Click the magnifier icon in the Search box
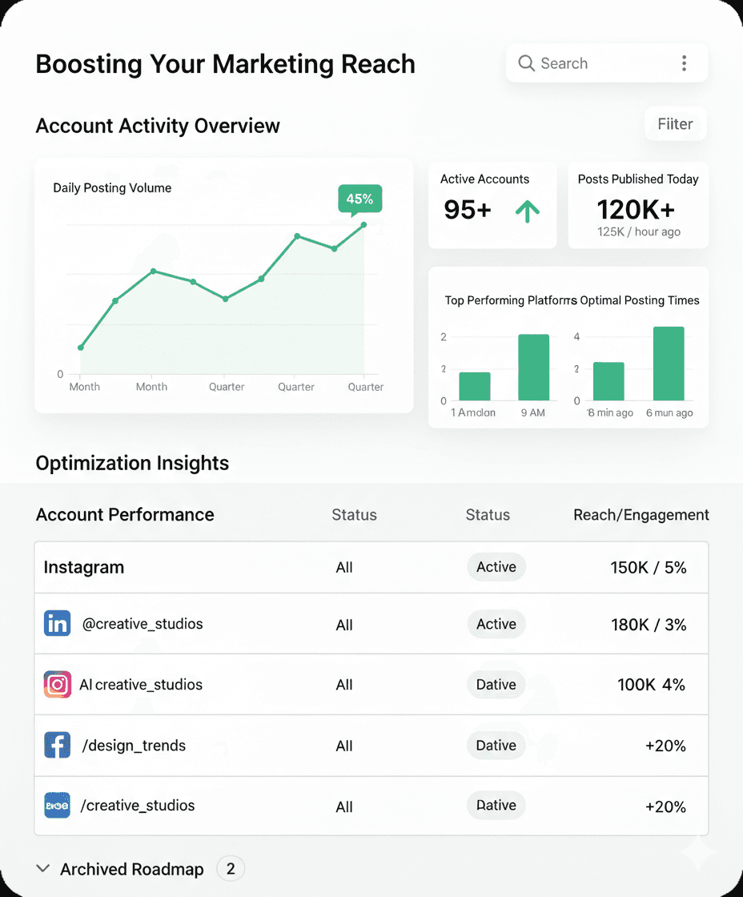coord(526,63)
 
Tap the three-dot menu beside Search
coord(684,63)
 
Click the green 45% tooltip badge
coord(359,199)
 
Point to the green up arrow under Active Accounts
coord(527,211)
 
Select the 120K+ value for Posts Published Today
coord(636,210)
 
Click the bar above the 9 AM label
coord(533,368)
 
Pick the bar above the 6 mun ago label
coord(669,364)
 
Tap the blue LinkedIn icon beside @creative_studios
coord(57,624)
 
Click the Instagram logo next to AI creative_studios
coord(57,685)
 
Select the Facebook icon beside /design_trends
coord(57,746)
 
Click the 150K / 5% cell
coord(649,568)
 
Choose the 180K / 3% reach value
coord(649,625)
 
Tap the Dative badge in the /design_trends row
coord(496,746)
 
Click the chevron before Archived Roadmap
coord(43,869)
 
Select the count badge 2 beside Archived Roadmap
coord(231,869)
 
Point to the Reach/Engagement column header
coord(641,515)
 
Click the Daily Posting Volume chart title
coord(112,188)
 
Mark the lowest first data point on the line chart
coord(80,348)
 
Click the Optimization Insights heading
coord(132,463)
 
